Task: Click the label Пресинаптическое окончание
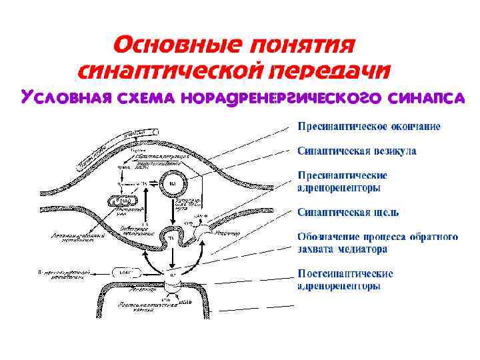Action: pos(369,127)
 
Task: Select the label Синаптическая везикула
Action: pos(357,151)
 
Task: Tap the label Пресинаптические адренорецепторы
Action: pos(342,181)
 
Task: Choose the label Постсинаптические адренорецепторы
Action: pos(345,280)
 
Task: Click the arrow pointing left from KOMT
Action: pos(100,273)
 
